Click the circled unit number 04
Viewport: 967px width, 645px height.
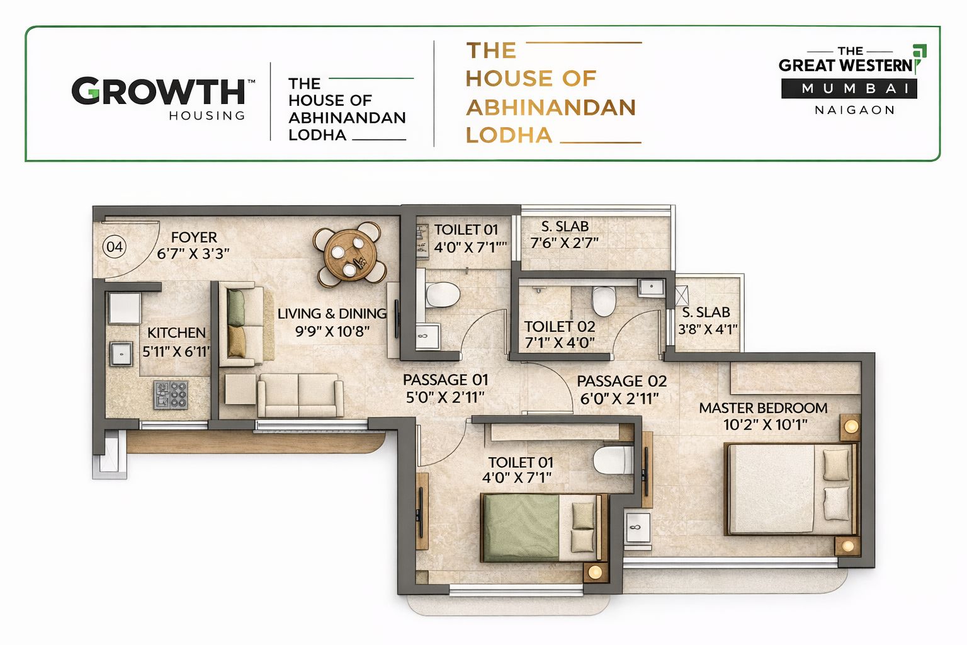click(x=114, y=246)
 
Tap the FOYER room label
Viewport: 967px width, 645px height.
click(x=194, y=237)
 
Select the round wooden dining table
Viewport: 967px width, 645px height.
click(x=350, y=254)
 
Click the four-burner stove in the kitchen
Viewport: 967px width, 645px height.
click(x=171, y=395)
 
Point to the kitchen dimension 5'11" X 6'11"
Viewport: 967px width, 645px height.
click(x=176, y=351)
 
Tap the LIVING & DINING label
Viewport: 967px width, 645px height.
click(x=332, y=314)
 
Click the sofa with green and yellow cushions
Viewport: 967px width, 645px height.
click(x=239, y=324)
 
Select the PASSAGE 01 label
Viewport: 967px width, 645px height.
click(x=445, y=380)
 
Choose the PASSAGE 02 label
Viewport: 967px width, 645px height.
click(x=621, y=381)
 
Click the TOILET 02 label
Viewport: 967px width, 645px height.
click(x=560, y=326)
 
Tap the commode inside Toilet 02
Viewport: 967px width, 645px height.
click(x=603, y=300)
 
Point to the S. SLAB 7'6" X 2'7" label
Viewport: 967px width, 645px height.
click(x=565, y=234)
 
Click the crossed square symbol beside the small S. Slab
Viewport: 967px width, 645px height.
click(x=682, y=295)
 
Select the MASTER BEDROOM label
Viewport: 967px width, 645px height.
click(x=763, y=408)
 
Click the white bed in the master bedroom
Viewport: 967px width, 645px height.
click(x=790, y=489)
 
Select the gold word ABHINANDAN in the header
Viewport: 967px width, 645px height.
click(x=551, y=108)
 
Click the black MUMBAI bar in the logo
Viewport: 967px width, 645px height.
click(x=849, y=89)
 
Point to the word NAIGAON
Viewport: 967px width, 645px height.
click(x=854, y=110)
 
